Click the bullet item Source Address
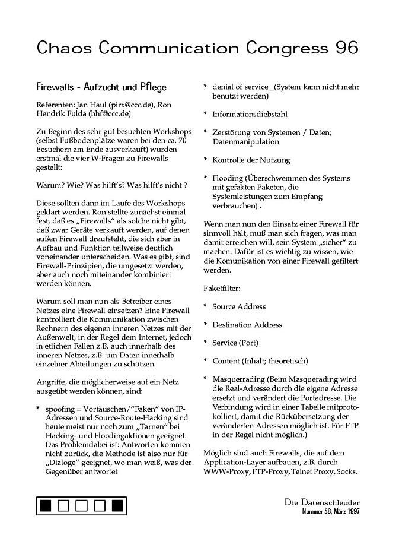[239, 307]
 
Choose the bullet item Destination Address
[247, 325]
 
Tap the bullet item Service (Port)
[235, 343]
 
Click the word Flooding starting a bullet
[228, 178]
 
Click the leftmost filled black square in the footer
[46, 506]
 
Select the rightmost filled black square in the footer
[117, 506]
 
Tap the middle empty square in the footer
[82, 506]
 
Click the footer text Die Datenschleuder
[322, 502]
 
